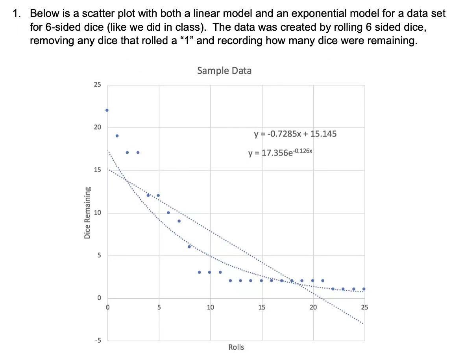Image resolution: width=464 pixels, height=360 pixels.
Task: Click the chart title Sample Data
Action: (224, 71)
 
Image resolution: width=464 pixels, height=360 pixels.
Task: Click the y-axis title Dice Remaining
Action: (87, 213)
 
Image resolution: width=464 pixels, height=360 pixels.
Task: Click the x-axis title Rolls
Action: (236, 347)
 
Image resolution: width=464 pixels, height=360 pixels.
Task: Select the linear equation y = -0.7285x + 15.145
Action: (296, 134)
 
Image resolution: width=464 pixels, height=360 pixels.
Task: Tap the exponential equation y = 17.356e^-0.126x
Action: (281, 152)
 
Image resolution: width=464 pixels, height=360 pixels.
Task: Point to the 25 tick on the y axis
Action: (97, 85)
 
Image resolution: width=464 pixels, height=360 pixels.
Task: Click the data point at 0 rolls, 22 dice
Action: (107, 110)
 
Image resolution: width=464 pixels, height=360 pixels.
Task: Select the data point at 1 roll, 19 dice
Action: (117, 136)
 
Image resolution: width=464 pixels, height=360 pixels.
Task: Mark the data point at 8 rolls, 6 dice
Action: (189, 247)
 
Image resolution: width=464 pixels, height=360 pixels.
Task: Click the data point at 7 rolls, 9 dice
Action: (179, 221)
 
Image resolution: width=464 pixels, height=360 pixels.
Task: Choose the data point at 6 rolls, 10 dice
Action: (168, 213)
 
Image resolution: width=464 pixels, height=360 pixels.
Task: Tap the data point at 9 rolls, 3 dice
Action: (199, 272)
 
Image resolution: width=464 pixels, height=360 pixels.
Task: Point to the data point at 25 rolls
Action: (364, 289)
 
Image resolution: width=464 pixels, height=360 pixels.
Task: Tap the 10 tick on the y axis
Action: (97, 213)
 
